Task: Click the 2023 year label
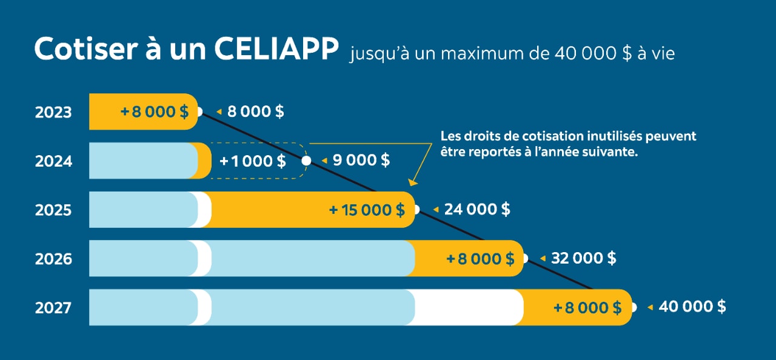tap(53, 113)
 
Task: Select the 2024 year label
tap(53, 162)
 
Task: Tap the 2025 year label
tap(53, 210)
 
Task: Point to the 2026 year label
tap(53, 259)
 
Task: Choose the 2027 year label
tap(53, 308)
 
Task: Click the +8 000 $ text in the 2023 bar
tap(154, 112)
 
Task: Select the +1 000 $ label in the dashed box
tap(253, 161)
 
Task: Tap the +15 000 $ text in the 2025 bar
tap(367, 210)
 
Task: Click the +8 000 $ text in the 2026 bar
tap(480, 259)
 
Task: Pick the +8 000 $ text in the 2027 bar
tap(587, 307)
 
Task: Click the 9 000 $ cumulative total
tap(361, 161)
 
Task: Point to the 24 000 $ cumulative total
tap(477, 210)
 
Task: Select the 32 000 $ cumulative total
tap(584, 258)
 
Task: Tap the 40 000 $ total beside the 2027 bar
tap(692, 307)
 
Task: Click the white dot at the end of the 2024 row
tap(306, 161)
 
